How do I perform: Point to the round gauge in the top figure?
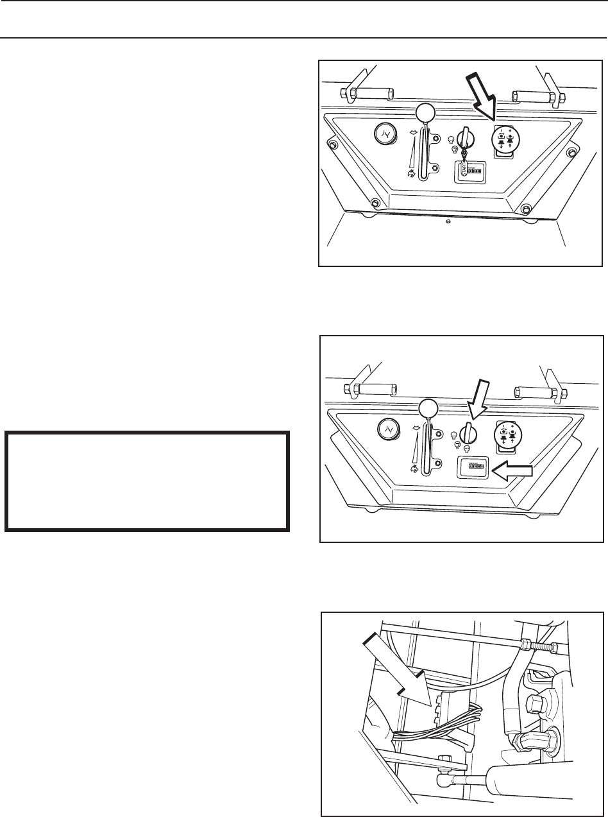386,134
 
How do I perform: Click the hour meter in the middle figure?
469,469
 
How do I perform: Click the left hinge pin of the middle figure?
372,389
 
